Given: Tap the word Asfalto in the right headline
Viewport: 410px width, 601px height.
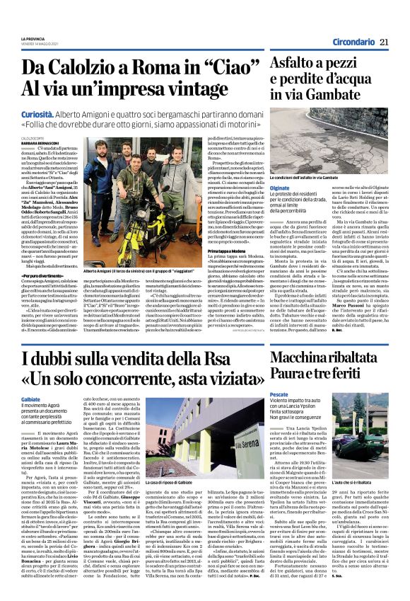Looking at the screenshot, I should click(x=280, y=68).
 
